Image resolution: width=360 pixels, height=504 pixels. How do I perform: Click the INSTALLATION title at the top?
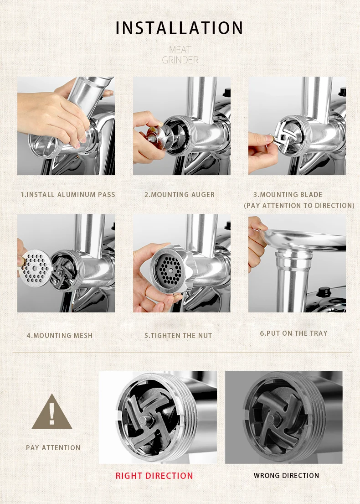[179, 28]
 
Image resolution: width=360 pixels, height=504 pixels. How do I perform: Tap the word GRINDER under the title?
[180, 60]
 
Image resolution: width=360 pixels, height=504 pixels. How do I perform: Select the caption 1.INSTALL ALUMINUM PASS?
[68, 194]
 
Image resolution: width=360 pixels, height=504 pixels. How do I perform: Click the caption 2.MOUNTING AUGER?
[180, 194]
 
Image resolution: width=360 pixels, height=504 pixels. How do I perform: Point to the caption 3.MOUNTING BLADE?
[288, 194]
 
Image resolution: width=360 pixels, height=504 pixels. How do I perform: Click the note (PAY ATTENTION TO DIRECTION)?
[299, 205]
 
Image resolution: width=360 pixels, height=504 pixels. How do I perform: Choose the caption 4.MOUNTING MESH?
[60, 336]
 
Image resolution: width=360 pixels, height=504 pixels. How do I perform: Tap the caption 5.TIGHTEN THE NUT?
[178, 336]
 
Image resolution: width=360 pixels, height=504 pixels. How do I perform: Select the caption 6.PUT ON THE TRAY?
[294, 333]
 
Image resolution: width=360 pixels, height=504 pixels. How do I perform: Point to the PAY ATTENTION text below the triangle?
[53, 448]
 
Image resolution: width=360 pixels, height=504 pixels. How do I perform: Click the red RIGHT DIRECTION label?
[154, 476]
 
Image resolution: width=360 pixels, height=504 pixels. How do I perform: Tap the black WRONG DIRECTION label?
[287, 476]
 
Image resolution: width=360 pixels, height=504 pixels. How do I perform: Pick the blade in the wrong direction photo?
[275, 418]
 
